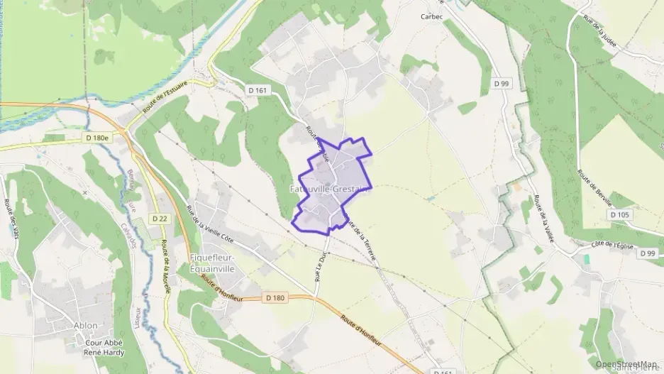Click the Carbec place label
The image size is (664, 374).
[431, 16]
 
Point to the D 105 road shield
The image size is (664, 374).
[619, 214]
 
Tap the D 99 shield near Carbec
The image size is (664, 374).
[502, 84]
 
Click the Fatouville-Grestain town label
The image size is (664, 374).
[330, 189]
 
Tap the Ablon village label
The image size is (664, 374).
[85, 326]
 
